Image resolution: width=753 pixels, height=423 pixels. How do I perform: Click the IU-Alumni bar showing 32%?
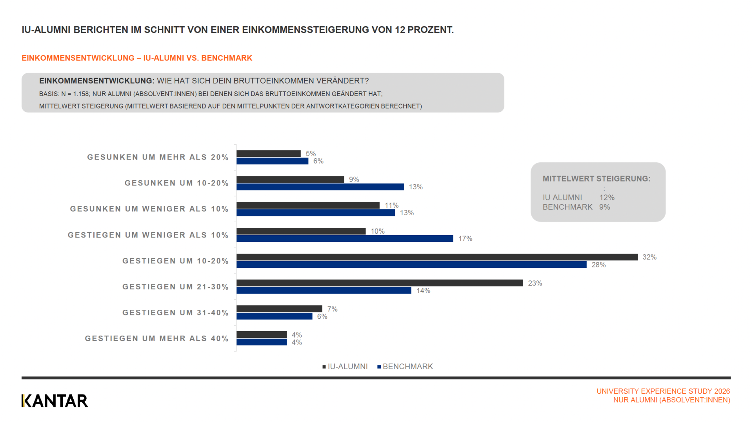coord(437,257)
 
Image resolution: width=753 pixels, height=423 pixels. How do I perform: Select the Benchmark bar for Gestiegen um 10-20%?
coord(411,265)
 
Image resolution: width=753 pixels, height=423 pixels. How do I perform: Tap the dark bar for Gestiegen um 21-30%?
coord(380,283)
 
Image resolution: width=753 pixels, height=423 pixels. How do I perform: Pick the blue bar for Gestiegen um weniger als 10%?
coord(345,239)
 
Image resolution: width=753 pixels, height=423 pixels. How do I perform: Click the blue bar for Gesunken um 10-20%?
coord(320,187)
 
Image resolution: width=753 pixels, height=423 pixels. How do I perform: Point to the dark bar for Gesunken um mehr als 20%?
coord(269,154)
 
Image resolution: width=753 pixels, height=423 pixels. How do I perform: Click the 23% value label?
coord(535,283)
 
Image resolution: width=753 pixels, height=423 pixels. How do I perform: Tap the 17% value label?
coord(465,239)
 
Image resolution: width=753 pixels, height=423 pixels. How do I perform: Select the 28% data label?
coord(598,265)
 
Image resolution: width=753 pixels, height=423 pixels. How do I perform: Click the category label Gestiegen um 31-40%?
coord(175,313)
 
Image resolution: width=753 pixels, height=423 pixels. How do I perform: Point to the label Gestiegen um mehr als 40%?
coord(156,339)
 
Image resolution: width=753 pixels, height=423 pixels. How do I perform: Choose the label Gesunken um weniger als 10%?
coord(149,209)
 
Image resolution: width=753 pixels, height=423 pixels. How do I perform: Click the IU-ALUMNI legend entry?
coord(345,367)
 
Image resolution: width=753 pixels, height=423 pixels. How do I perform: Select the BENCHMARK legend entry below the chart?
coord(405,367)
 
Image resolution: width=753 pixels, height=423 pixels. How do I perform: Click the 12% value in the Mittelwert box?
coord(607,198)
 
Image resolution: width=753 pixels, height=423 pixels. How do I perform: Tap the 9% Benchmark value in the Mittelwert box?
coord(604,207)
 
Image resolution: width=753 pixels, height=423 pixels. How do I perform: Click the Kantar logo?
coord(55,401)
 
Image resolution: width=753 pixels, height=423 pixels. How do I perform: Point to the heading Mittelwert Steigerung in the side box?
coord(597,179)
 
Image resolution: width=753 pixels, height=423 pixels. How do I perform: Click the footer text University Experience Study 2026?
coord(663,391)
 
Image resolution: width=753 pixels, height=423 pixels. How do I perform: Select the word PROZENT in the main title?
coord(431,30)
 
